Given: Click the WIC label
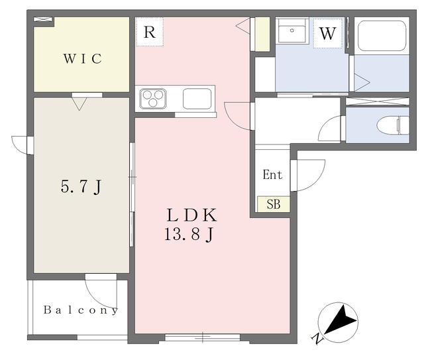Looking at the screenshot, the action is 83,59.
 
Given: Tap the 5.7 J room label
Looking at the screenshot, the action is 81,187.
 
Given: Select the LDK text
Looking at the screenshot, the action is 191,215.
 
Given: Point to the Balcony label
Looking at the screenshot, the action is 81,310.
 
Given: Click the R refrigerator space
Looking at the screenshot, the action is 150,32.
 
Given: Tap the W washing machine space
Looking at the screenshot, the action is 328,33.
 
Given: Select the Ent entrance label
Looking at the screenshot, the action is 272,174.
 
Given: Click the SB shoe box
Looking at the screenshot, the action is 274,204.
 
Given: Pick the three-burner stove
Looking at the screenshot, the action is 153,99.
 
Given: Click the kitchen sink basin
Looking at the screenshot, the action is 197,99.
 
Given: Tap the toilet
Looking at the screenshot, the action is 393,125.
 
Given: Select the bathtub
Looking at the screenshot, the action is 382,36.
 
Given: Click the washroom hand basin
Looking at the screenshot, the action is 291,30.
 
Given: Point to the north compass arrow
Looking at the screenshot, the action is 340,320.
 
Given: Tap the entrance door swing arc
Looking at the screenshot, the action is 317,181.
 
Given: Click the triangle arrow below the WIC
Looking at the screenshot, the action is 79,104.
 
